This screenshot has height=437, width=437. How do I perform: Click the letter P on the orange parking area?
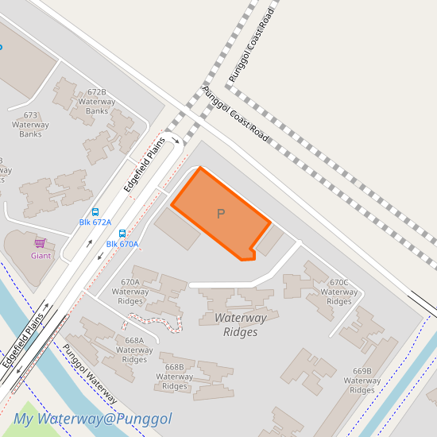pyautogui.click(x=221, y=214)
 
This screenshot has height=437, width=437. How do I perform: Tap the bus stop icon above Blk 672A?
pyautogui.click(x=95, y=212)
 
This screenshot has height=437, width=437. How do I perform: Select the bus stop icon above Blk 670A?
pyautogui.click(x=122, y=234)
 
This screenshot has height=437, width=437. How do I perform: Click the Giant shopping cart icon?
pyautogui.click(x=40, y=243)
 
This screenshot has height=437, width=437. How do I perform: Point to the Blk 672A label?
pyautogui.click(x=95, y=222)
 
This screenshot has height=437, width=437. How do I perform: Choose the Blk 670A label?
pyautogui.click(x=122, y=244)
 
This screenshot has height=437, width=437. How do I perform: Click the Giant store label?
pyautogui.click(x=41, y=256)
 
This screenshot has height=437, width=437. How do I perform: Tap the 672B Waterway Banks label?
pyautogui.click(x=97, y=101)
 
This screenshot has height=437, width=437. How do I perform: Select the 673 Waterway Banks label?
pyautogui.click(x=30, y=125)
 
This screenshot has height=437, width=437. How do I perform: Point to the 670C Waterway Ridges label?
pyautogui.click(x=339, y=292)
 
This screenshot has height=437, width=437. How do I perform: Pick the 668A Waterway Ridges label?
pyautogui.click(x=134, y=350)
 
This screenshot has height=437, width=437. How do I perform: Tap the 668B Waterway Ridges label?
pyautogui.click(x=175, y=377)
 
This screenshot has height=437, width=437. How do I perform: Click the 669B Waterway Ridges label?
pyautogui.click(x=362, y=381)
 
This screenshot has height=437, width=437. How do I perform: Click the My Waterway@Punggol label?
pyautogui.click(x=92, y=419)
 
